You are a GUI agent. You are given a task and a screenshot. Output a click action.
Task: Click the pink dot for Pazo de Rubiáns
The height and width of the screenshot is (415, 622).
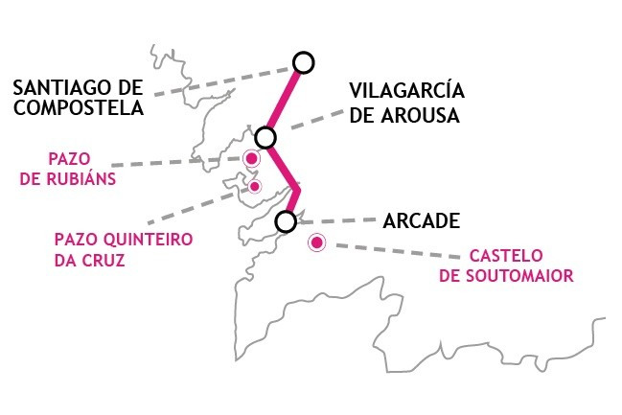(x=251, y=159)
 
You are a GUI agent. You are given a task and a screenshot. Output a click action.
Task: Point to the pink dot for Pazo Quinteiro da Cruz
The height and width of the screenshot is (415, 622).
(x=255, y=186)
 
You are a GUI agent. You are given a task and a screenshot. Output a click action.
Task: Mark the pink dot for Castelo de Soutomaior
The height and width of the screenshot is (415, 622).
(x=316, y=242)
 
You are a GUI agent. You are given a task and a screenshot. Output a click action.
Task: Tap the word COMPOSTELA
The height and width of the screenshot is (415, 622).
(x=79, y=107)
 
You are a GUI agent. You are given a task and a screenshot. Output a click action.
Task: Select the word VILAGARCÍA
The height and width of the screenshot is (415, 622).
(x=406, y=90)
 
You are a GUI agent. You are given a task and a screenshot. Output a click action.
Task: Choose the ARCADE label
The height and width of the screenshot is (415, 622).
(x=422, y=221)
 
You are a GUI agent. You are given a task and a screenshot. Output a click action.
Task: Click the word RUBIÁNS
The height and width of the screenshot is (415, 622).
(x=81, y=178)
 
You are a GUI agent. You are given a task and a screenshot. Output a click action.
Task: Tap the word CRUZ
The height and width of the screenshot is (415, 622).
(x=105, y=261)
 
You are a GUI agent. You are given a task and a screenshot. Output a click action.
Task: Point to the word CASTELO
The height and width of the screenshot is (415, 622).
(x=506, y=256)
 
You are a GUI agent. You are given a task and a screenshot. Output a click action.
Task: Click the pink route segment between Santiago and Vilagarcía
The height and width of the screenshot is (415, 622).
(x=284, y=101)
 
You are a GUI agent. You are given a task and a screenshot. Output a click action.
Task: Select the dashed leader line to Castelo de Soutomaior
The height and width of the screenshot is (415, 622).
(x=398, y=251)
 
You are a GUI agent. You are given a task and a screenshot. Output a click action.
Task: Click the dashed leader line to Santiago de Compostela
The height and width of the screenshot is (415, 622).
(x=223, y=82)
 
